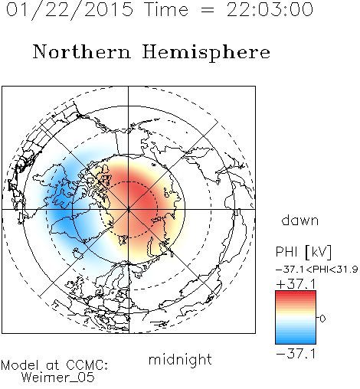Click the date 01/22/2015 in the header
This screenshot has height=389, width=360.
click(70, 10)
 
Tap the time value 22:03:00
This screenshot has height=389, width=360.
click(270, 9)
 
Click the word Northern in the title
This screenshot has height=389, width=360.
click(82, 51)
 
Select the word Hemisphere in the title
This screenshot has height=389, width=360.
click(206, 53)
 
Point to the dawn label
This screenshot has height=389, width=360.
click(300, 220)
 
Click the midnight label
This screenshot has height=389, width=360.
click(180, 359)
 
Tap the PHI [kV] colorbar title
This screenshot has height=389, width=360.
click(303, 252)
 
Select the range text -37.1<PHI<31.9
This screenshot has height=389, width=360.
click(316, 270)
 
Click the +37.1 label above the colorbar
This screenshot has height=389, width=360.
click(296, 284)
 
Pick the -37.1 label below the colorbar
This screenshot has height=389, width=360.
click(296, 354)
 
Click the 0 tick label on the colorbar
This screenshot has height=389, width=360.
click(322, 319)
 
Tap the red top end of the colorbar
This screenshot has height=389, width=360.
click(296, 293)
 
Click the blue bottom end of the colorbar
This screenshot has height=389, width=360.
click(296, 342)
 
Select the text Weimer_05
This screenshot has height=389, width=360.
click(58, 378)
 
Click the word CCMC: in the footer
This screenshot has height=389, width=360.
click(87, 365)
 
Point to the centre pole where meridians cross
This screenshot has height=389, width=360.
click(128, 210)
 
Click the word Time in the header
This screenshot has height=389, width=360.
click(166, 9)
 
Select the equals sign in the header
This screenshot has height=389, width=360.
click(208, 10)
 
